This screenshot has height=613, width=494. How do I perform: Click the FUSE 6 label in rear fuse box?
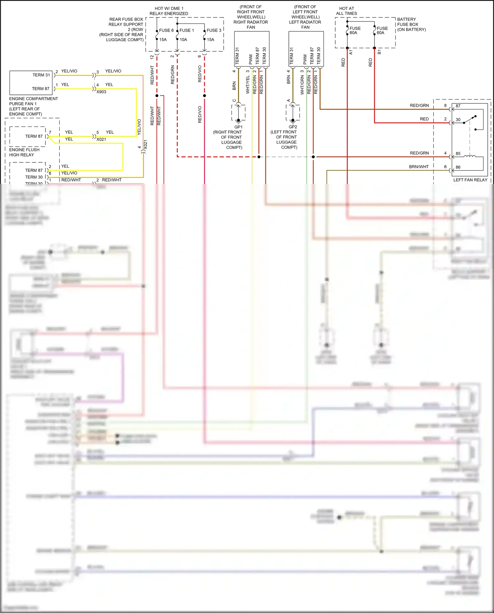click(x=166, y=30)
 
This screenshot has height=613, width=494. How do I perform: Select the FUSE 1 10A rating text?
click(x=183, y=40)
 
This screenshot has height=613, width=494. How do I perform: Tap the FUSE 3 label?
click(x=214, y=30)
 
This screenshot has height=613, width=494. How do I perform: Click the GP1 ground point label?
click(x=238, y=127)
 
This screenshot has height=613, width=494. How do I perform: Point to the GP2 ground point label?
click(x=293, y=127)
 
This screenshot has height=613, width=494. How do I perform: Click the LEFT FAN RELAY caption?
click(x=470, y=180)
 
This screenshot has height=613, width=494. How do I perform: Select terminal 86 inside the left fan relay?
click(x=458, y=167)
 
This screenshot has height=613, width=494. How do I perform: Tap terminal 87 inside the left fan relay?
click(x=458, y=106)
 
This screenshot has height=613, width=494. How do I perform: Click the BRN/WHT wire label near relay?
click(x=419, y=167)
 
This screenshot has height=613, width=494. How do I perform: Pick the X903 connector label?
click(x=101, y=92)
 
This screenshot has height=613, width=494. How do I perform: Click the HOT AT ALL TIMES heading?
click(x=346, y=11)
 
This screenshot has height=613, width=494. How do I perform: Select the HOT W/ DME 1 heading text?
click(x=169, y=9)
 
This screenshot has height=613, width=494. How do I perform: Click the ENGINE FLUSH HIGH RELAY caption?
click(x=24, y=152)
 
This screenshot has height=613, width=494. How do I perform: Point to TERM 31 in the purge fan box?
click(x=41, y=75)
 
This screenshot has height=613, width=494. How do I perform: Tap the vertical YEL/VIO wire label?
click(x=139, y=127)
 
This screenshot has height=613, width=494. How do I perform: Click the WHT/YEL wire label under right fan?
click(x=248, y=85)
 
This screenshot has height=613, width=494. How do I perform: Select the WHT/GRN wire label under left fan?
click(x=302, y=85)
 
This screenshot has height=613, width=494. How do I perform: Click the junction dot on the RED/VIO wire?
click(x=205, y=96)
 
